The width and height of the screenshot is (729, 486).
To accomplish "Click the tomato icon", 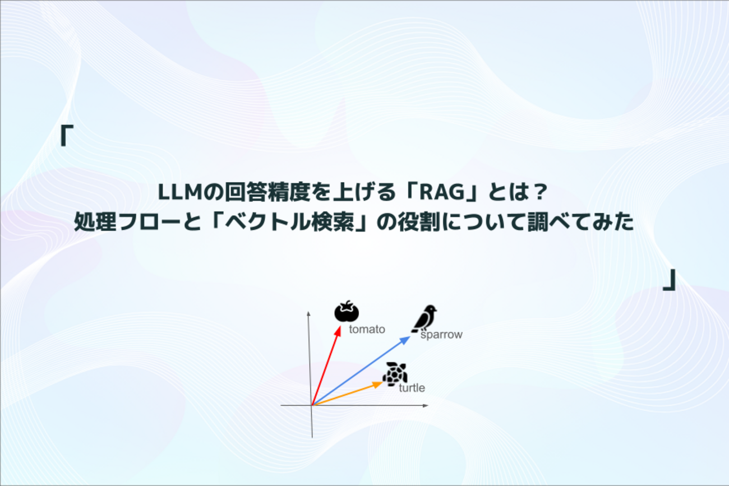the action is tap(347, 311).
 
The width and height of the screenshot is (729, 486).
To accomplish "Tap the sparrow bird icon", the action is tap(424, 318).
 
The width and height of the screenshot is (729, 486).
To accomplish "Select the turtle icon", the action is tap(395, 374).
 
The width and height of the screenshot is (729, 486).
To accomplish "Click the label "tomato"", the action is tap(367, 330).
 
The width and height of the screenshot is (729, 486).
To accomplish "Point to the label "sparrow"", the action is tap(441, 335).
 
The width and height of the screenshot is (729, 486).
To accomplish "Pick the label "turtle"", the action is tap(412, 388).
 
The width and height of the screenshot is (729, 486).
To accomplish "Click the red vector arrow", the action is tap(326, 365).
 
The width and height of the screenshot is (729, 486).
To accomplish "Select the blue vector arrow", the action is tap(361, 371).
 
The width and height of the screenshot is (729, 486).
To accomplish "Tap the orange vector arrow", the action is tap(347, 394).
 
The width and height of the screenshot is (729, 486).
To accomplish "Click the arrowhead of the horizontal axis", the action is tap(426, 406).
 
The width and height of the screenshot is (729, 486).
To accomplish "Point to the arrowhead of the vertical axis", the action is tap(308, 314).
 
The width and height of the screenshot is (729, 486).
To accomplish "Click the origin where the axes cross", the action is tap(312, 406).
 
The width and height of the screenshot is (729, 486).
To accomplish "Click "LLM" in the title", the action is tap(181, 192).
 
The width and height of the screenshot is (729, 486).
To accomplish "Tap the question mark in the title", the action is tap(539, 192).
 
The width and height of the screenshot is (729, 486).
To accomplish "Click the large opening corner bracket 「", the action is tap(66, 135).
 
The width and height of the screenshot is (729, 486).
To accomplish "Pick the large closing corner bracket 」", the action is tap(670, 280).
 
